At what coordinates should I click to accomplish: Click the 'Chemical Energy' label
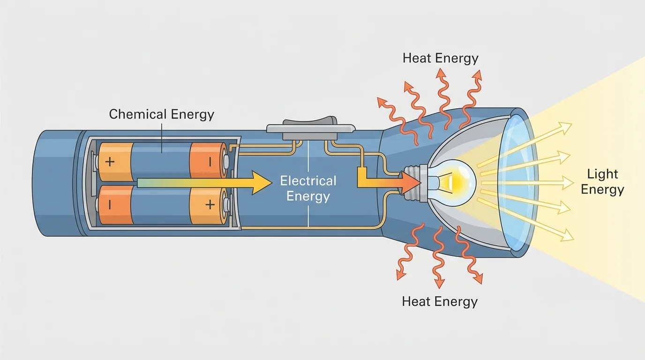161,114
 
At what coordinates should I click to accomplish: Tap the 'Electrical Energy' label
308,188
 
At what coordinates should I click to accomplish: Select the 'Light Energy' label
602,182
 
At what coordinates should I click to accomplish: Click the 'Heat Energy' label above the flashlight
440,58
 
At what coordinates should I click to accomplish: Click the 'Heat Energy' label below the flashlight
440,301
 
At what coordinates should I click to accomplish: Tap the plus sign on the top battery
110,162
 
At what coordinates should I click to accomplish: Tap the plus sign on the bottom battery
210,204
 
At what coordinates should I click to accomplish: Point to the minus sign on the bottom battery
109,205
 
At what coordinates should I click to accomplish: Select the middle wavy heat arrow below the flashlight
439,258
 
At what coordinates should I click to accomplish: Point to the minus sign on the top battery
210,162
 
